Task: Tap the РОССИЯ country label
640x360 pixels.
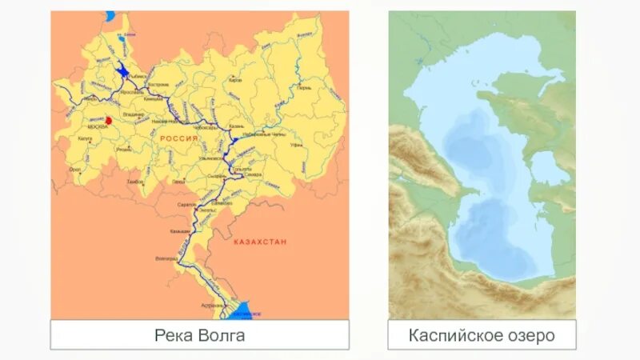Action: (178, 138)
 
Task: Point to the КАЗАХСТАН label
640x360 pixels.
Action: (260, 242)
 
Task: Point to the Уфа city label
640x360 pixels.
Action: (296, 146)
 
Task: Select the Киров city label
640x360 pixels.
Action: (235, 80)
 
